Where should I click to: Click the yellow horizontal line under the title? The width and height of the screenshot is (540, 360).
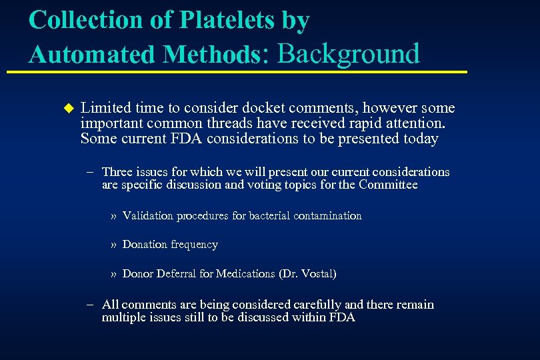click(247, 71)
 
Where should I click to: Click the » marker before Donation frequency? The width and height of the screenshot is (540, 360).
click(114, 245)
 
